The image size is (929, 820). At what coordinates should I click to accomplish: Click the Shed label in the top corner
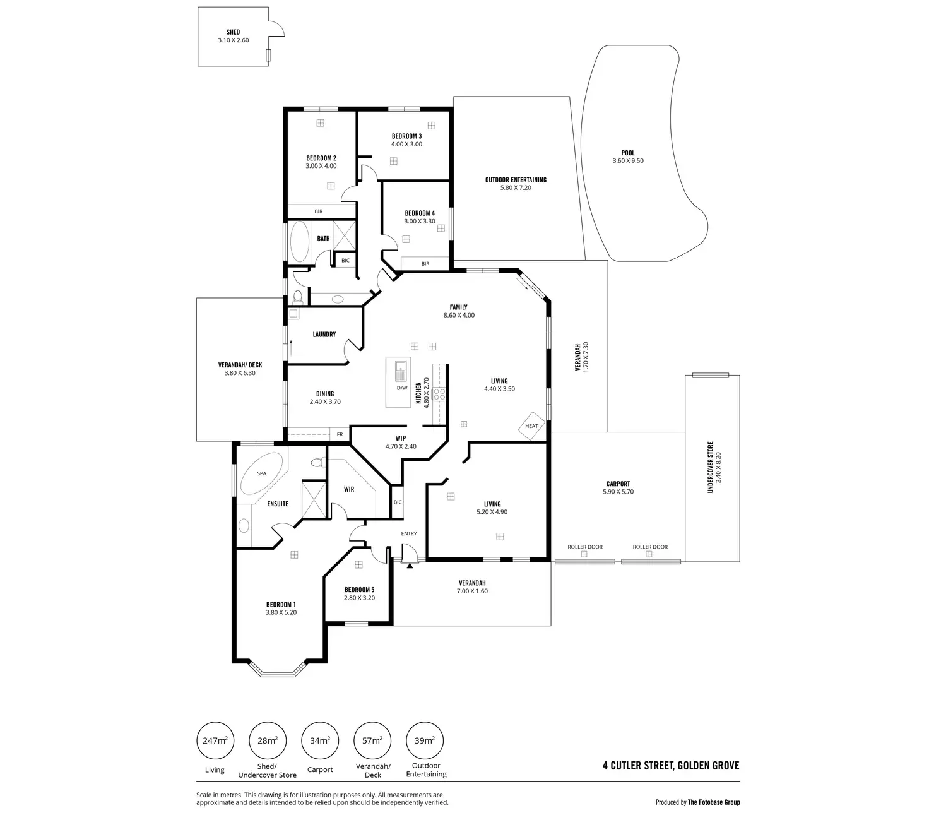point(233,32)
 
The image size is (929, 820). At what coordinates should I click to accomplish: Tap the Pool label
point(628,153)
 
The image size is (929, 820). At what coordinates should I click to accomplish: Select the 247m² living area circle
point(215,741)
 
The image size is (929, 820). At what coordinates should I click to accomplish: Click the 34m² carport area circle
point(320,741)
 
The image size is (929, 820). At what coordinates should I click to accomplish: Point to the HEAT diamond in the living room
point(531,426)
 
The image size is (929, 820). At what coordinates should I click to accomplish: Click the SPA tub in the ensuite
point(261,473)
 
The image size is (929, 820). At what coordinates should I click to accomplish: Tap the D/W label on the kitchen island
point(402,388)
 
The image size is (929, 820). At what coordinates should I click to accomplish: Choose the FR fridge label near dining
point(340,434)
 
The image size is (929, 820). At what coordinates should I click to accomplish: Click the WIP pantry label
point(401,438)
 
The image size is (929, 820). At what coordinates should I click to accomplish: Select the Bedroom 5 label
point(359,590)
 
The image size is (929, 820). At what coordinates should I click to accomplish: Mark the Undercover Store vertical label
point(710,467)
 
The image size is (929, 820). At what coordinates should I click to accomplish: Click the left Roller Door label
point(585,547)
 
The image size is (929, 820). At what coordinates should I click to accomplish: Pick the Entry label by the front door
point(409,533)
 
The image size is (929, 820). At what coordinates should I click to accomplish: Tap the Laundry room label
point(324,335)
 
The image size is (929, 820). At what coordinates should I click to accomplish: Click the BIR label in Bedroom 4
point(425,264)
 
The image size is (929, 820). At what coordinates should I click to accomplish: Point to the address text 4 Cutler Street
point(671,766)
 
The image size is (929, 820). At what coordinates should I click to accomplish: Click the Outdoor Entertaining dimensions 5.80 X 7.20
point(516,187)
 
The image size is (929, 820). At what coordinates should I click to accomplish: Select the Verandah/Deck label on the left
point(240,365)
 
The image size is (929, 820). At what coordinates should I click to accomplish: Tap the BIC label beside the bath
point(345,260)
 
